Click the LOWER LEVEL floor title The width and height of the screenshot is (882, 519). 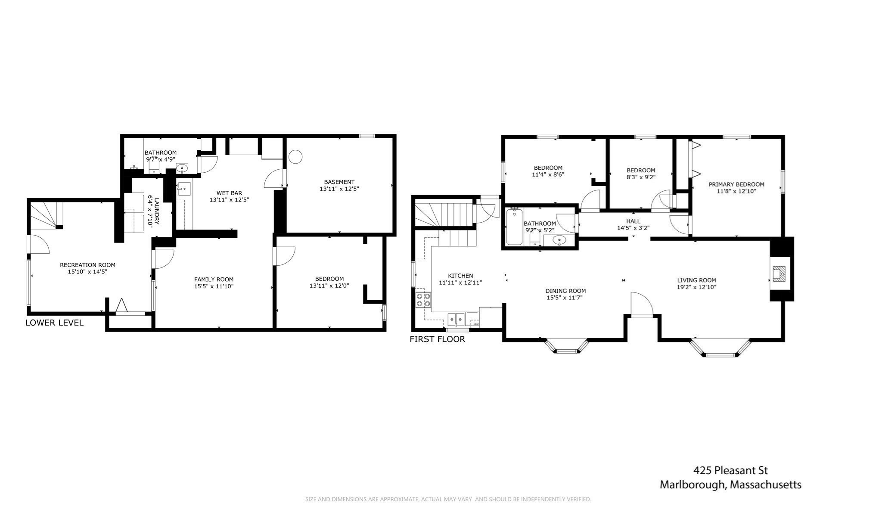54,323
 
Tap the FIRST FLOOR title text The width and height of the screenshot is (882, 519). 437,339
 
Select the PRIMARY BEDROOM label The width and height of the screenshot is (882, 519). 736,184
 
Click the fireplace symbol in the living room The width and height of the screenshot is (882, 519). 779,273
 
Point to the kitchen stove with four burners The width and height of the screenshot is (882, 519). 423,299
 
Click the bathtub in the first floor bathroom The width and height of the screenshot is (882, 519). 514,227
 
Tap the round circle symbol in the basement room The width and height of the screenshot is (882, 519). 295,157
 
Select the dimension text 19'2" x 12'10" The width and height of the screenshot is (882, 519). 696,287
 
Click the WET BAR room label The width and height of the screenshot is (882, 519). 229,193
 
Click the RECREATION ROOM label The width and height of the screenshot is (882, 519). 87,265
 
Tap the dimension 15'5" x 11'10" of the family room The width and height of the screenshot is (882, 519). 214,286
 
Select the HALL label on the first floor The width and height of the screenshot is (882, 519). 633,221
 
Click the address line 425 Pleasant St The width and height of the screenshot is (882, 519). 730,470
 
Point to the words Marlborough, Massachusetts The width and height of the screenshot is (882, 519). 730,485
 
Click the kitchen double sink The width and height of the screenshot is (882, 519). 456,319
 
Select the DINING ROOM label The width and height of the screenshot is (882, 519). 565,291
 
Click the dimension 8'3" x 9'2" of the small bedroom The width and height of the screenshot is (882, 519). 641,177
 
